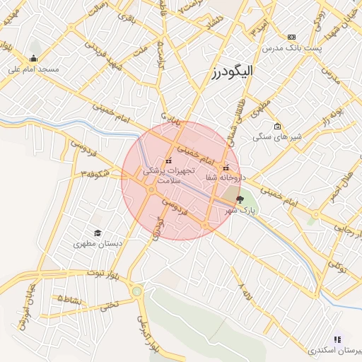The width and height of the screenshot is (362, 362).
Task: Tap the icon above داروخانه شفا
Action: (x=226, y=168)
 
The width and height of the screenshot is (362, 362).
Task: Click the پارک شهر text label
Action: (x=239, y=211)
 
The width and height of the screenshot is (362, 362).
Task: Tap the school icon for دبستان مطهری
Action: (x=97, y=233)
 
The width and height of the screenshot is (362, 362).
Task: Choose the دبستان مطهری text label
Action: (x=98, y=244)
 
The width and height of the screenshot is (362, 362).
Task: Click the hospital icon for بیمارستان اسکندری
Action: (x=337, y=339)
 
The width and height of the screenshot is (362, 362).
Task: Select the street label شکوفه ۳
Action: (x=94, y=172)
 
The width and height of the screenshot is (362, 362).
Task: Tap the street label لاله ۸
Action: (x=245, y=289)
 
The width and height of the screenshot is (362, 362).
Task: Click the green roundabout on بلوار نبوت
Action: (x=136, y=291)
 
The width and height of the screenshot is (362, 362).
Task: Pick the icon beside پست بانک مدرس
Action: (x=291, y=37)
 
